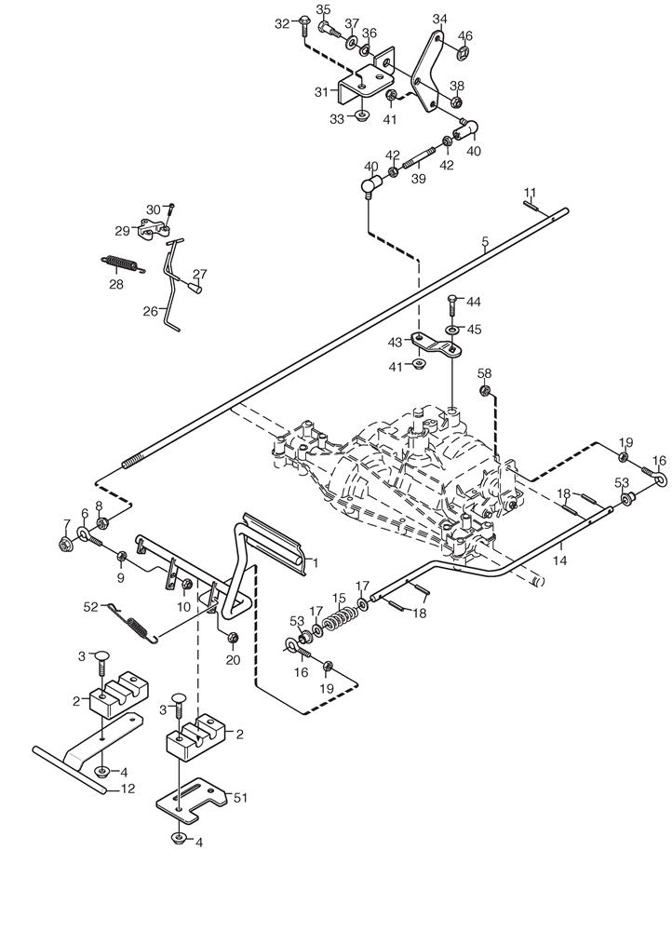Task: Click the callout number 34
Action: pyautogui.click(x=439, y=19)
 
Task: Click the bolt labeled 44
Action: pyautogui.click(x=451, y=306)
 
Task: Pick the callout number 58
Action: pyautogui.click(x=484, y=373)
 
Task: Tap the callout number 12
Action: pyautogui.click(x=128, y=789)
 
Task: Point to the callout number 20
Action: pyautogui.click(x=233, y=660)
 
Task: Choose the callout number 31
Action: pyautogui.click(x=322, y=92)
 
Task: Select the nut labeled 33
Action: pyautogui.click(x=361, y=117)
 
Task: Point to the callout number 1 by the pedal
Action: pyautogui.click(x=315, y=562)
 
